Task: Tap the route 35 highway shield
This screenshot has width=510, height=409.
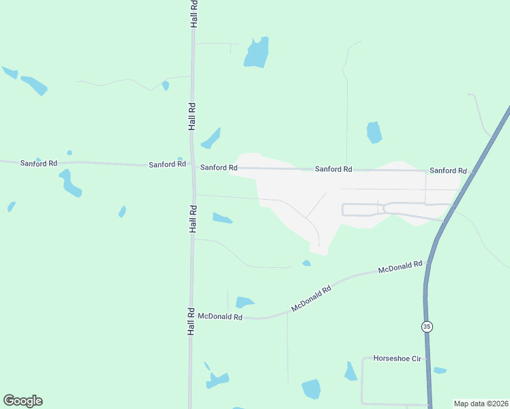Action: click(427, 327)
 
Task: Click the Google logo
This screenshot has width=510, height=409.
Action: click(22, 401)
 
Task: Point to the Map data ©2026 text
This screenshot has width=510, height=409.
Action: click(481, 403)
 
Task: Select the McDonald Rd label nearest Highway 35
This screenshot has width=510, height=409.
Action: click(400, 267)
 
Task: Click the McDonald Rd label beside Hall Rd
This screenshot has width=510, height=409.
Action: click(220, 317)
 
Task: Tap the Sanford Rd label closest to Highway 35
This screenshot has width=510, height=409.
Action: click(448, 170)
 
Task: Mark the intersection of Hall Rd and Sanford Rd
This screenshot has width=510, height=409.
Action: click(193, 166)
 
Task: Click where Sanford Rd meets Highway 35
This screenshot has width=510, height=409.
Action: click(470, 171)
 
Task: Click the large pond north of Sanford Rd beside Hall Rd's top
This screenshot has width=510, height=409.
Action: click(256, 53)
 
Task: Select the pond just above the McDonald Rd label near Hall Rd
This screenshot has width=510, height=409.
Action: click(244, 302)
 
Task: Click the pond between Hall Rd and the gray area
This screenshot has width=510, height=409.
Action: click(222, 218)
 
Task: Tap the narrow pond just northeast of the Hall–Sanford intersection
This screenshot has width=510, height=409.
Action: click(211, 138)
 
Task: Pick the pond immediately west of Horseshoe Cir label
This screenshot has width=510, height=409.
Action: click(350, 372)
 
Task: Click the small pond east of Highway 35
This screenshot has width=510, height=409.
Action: click(440, 371)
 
